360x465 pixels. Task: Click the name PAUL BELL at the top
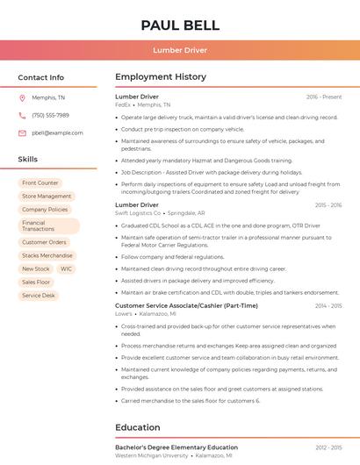click(x=180, y=25)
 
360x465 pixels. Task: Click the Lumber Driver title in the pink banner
click(x=180, y=51)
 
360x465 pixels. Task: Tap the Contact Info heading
click(x=40, y=77)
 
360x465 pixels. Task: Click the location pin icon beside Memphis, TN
click(x=22, y=97)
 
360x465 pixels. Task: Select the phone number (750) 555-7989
click(x=50, y=115)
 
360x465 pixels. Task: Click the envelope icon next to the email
click(x=22, y=132)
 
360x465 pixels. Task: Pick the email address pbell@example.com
click(x=57, y=132)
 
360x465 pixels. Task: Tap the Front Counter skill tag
click(x=40, y=182)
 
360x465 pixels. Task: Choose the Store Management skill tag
click(x=47, y=196)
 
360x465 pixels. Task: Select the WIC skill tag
click(x=67, y=268)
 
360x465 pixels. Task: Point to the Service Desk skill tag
click(x=39, y=296)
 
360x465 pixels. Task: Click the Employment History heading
click(x=161, y=77)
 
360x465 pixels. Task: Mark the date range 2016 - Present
click(x=324, y=97)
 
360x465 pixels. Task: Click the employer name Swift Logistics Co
click(x=138, y=212)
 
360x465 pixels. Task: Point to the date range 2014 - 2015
click(x=328, y=305)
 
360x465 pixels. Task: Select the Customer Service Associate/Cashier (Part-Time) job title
click(x=186, y=305)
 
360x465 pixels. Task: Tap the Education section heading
click(x=137, y=427)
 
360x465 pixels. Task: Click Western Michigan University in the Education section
click(x=151, y=455)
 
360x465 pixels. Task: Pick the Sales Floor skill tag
click(x=36, y=282)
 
